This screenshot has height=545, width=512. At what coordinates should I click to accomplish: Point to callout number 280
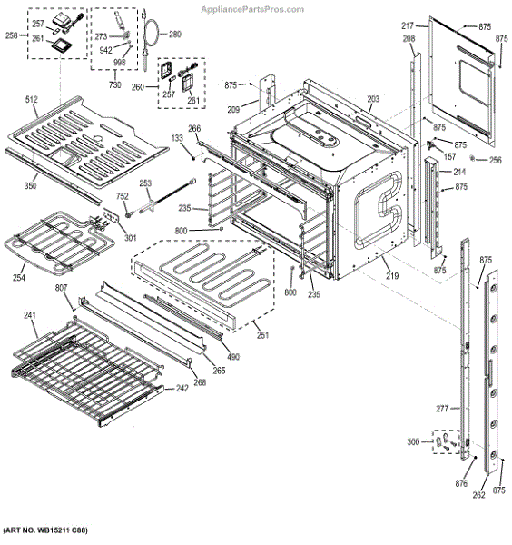pos(174,35)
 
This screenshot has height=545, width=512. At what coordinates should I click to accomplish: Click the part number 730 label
pos(115,84)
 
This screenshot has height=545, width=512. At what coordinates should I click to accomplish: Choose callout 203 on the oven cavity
pos(373,98)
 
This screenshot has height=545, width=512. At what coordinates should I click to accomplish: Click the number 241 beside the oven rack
pos(29,316)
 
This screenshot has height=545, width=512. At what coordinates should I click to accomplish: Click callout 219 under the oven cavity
pos(390,274)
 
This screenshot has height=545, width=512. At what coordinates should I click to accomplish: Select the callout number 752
pos(122,197)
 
